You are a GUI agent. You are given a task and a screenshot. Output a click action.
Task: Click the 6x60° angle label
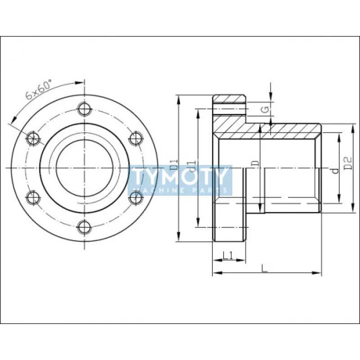[x=39, y=89]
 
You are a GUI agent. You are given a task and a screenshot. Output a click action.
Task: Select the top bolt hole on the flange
[x=84, y=108]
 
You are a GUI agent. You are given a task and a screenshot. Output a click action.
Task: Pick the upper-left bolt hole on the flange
[x=32, y=138]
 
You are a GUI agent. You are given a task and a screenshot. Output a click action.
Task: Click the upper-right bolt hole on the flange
[x=135, y=138]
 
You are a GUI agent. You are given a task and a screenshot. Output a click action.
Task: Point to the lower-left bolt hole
[x=32, y=198]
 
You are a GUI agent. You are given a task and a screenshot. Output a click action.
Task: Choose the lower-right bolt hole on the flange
[x=135, y=198]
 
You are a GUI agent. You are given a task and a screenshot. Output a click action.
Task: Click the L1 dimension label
[x=228, y=256]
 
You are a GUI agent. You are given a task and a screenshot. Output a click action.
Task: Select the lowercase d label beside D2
[x=333, y=171]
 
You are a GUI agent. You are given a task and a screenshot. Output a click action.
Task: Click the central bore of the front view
[x=84, y=168]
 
